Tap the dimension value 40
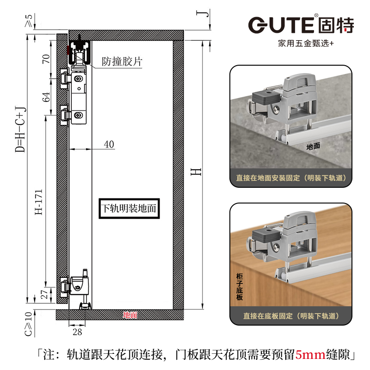point(109,144)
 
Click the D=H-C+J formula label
point(19,130)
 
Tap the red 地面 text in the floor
point(130,315)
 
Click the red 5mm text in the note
point(315,355)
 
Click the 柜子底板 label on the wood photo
point(239,287)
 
